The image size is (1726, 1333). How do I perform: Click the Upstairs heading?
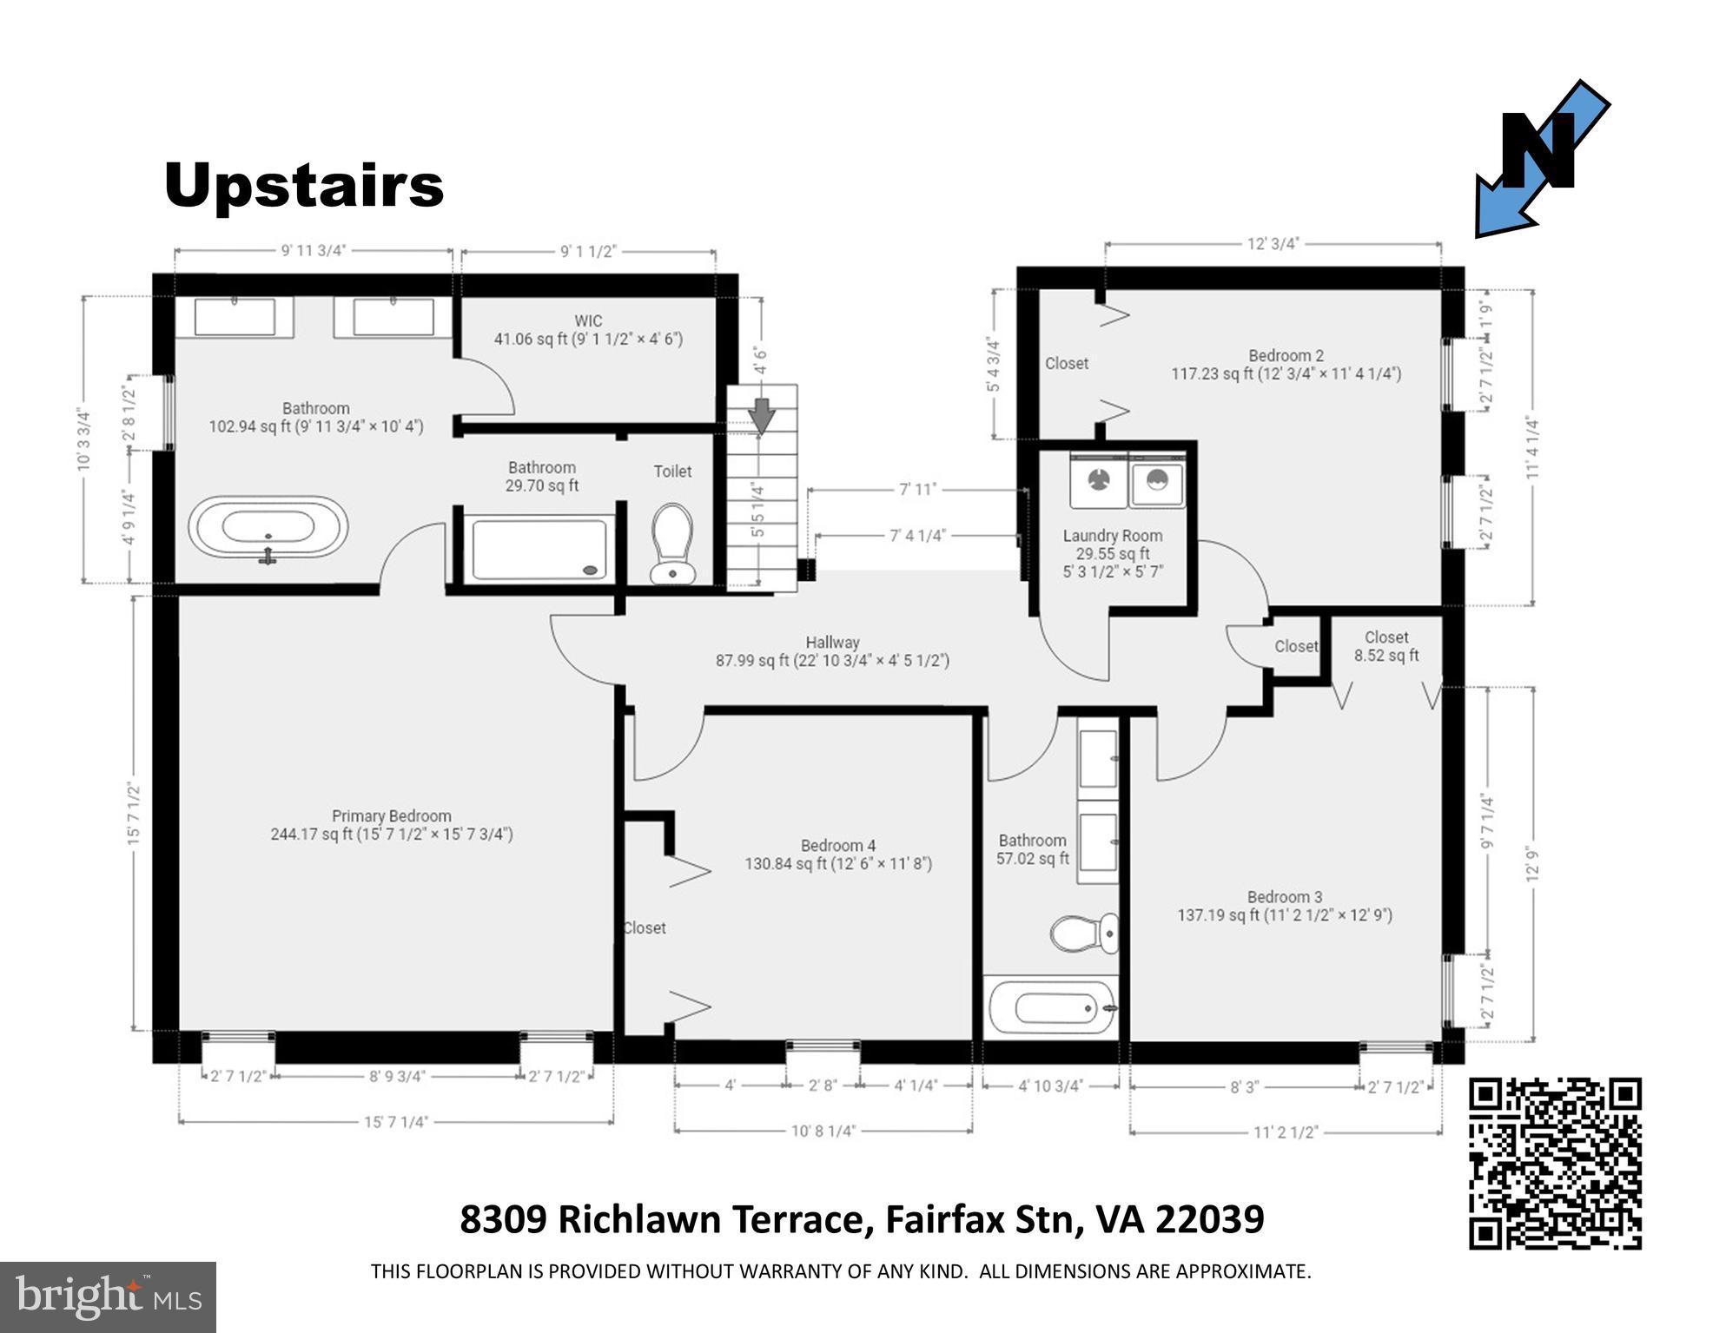(303, 185)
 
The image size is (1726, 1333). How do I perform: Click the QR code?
(1554, 1163)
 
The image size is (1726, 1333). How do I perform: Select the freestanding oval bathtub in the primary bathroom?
(268, 527)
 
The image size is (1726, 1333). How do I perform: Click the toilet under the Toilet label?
(671, 543)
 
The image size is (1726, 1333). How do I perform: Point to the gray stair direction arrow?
(762, 414)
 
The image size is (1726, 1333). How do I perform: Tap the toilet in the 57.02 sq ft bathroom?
(1086, 933)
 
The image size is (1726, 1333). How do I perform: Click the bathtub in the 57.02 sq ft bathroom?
(1051, 1007)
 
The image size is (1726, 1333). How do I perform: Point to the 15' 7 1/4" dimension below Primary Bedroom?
(396, 1122)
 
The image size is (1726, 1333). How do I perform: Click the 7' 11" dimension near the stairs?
(917, 489)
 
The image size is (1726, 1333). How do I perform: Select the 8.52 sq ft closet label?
(1385, 646)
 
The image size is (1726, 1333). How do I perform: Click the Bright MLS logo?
(108, 1297)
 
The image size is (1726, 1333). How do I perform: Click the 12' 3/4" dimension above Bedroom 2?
(1273, 244)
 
